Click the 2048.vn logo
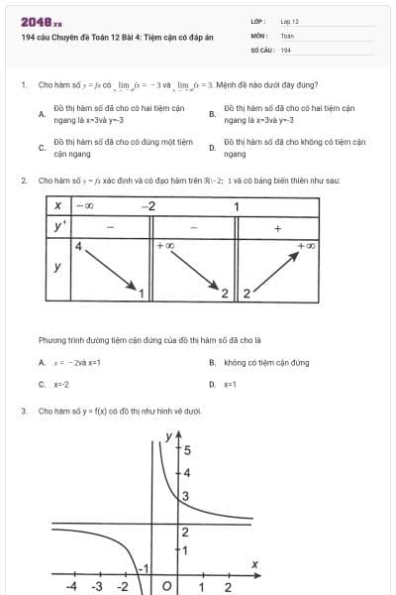click(41, 22)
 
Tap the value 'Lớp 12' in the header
click(289, 21)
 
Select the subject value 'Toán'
click(287, 35)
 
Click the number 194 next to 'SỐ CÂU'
click(285, 49)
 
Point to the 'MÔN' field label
click(258, 35)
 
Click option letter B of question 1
click(212, 114)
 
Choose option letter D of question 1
click(212, 149)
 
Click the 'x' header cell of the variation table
click(58, 206)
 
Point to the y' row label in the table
click(58, 226)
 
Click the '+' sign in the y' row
click(277, 227)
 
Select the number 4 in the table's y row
click(79, 244)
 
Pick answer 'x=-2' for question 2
click(60, 383)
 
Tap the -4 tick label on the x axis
click(71, 587)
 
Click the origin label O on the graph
click(166, 587)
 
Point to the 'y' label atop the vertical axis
click(169, 436)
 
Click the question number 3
click(23, 411)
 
